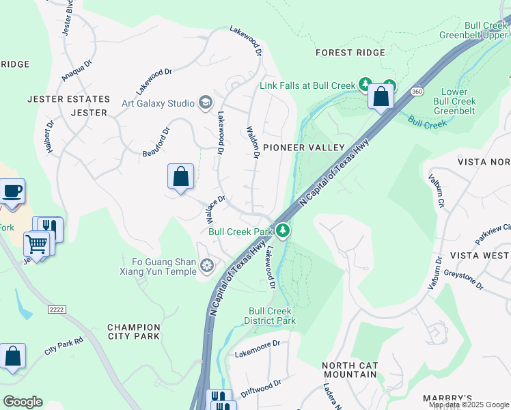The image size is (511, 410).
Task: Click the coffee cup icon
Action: tap(12, 191)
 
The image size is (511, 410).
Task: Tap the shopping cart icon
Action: tap(37, 243)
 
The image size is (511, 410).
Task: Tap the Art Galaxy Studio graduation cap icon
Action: tap(205, 103)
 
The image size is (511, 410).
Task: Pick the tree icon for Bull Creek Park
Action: tap(284, 232)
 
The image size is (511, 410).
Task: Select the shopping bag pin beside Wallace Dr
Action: tap(180, 176)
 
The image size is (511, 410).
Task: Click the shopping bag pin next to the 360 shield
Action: tap(381, 96)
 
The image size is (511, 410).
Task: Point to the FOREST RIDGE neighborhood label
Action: tap(350, 53)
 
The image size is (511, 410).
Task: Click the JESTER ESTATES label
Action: tap(68, 99)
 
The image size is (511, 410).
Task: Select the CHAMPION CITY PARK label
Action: tap(133, 331)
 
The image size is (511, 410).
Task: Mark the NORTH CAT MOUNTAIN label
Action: tap(349, 370)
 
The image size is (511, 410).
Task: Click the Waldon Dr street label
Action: tap(253, 142)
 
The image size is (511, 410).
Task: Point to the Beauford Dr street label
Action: tap(156, 143)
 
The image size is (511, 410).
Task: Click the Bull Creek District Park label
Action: tap(271, 316)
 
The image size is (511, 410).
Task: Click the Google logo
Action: tap(23, 401)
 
